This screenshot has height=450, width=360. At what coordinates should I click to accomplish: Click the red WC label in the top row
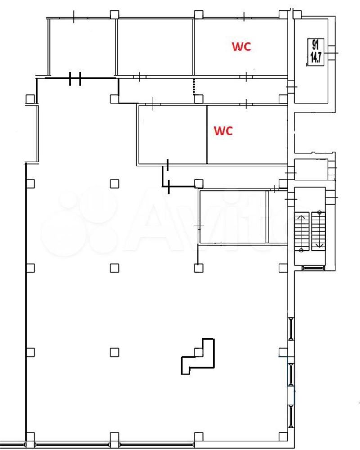tap(242, 46)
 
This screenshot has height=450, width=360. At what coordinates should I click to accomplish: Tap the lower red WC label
tap(223, 131)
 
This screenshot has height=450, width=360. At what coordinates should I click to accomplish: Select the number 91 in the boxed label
tap(315, 45)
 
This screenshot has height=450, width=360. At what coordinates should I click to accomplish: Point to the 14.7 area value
tap(315, 58)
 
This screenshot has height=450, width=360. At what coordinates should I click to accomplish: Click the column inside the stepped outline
tap(199, 352)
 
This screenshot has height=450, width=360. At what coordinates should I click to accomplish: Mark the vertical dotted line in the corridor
tap(194, 87)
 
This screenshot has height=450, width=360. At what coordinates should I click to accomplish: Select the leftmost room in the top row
tap(83, 47)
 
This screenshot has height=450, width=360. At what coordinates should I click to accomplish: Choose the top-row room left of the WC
tap(155, 47)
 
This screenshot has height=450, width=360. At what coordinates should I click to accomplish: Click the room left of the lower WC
tap(172, 134)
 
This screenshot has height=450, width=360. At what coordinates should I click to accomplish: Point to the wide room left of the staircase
tap(233, 217)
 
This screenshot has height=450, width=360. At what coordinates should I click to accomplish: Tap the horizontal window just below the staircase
tap(313, 268)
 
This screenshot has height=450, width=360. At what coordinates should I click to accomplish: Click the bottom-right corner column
tap(283, 437)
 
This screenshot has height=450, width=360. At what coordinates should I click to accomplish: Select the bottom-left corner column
tap(30, 437)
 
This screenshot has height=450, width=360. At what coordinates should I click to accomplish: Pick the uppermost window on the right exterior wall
tap(291, 329)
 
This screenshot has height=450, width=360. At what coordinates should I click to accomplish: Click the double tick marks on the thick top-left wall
tap(75, 79)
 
